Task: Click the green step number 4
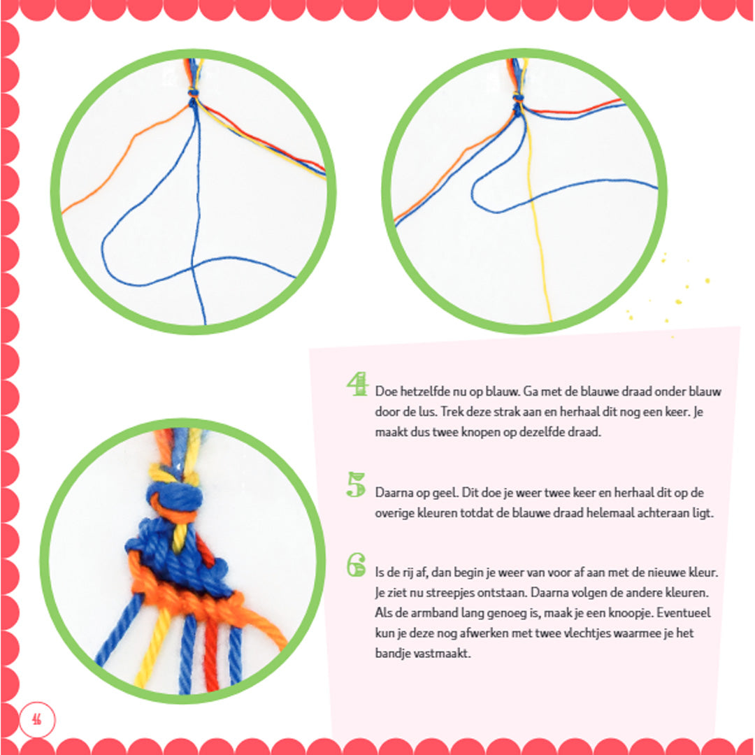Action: pyautogui.click(x=357, y=384)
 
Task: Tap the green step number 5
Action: pyautogui.click(x=357, y=485)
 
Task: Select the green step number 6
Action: pyautogui.click(x=357, y=565)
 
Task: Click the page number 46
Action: pyautogui.click(x=36, y=720)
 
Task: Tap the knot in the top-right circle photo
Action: pyautogui.click(x=517, y=103)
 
